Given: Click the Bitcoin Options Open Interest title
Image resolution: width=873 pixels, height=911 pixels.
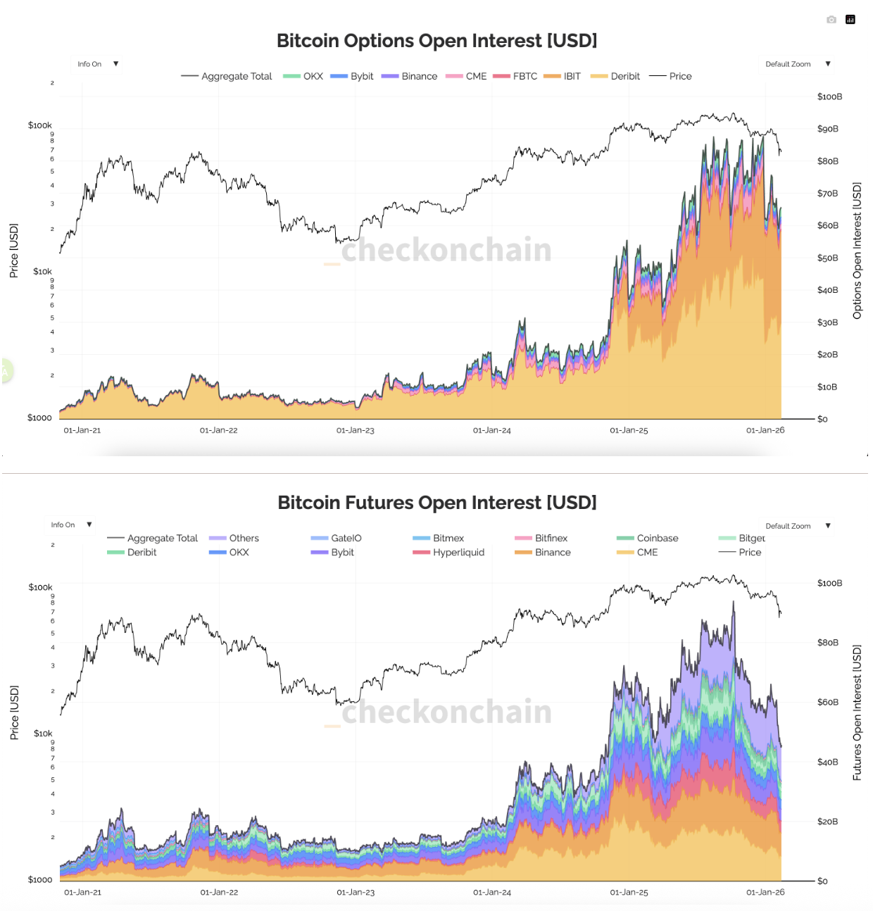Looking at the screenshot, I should click(x=436, y=41).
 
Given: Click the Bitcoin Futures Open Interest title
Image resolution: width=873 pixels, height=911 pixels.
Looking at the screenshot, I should click(x=436, y=503).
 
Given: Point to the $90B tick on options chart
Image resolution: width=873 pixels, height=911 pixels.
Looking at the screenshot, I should click(x=828, y=129).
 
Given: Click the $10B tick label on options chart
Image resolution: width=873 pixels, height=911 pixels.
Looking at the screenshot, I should click(x=828, y=387).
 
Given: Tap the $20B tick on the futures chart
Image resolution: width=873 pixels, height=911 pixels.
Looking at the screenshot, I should click(x=828, y=822).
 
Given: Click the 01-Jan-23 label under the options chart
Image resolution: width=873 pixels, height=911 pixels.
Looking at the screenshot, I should click(x=356, y=430).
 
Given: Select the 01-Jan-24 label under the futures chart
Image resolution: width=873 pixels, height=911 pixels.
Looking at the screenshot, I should click(x=492, y=892).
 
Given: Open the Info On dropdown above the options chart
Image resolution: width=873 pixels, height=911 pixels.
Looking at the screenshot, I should click(x=96, y=64).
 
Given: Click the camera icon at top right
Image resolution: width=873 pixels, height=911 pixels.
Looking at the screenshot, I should click(x=831, y=20).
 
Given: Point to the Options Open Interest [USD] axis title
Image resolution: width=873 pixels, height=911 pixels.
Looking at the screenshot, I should click(x=857, y=251).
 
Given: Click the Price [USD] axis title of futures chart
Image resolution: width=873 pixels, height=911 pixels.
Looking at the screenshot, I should click(x=14, y=712).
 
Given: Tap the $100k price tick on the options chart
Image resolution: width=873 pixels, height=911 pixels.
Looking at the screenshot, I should click(x=40, y=125).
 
